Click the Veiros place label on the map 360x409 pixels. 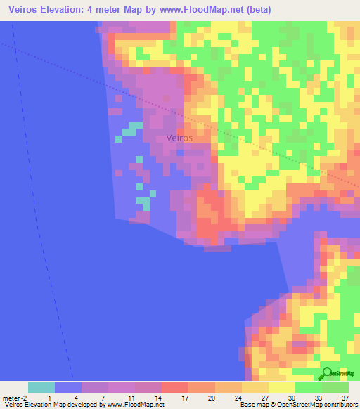point(180,138)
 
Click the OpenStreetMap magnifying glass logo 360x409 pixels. point(327,374)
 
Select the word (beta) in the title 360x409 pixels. point(257,10)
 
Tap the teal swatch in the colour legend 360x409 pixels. point(41,387)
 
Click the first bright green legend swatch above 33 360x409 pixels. point(308,387)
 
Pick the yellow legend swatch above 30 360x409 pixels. point(281,387)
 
